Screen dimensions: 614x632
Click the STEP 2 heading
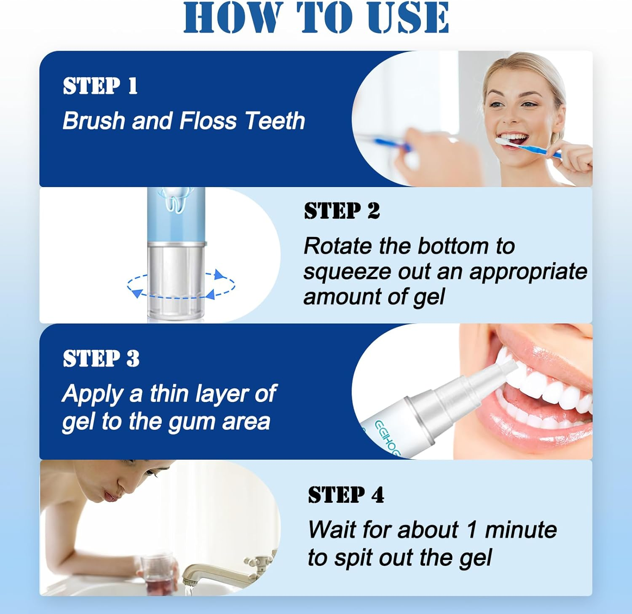pos(342,211)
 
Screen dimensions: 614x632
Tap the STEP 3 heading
pos(101,359)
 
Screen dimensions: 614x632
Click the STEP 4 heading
pos(346,495)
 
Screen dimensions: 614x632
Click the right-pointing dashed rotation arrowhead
pos(220,275)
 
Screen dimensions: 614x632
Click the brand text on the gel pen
pos(386,438)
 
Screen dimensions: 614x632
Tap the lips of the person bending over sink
pos(110,496)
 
